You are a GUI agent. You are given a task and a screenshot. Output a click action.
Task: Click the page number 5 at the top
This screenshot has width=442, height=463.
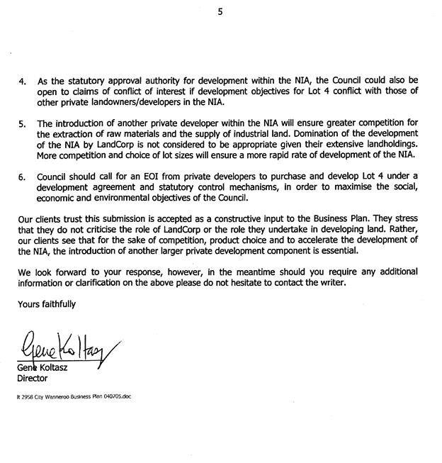220,10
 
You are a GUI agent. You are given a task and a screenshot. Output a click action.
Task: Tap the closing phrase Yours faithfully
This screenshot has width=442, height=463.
46,303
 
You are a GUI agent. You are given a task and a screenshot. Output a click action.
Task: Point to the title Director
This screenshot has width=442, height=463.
33,379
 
